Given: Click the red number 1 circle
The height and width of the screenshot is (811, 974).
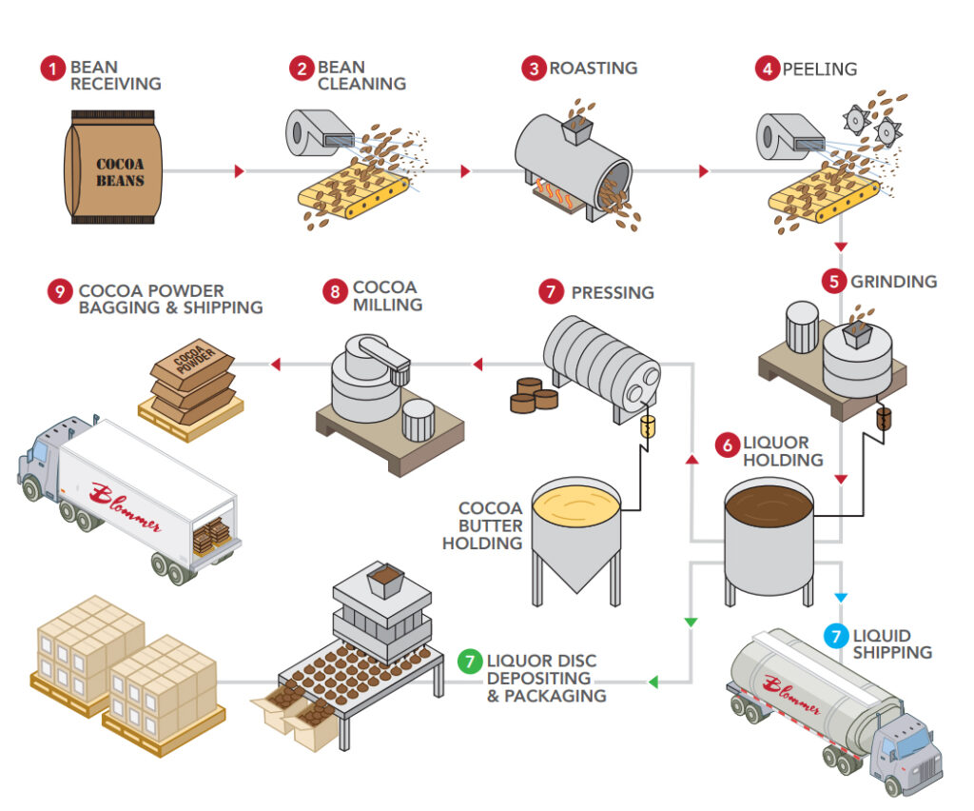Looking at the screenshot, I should (54, 68).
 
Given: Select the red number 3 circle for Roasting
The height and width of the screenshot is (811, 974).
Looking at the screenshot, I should (535, 68).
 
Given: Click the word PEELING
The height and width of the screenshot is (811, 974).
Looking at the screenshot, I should (819, 69).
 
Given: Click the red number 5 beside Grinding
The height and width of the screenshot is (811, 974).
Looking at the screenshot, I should (834, 282).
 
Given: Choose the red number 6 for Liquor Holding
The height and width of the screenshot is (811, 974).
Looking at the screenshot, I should (727, 444).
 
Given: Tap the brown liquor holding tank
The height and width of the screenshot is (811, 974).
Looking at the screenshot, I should (769, 538).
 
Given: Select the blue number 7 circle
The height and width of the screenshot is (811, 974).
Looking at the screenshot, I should (834, 636).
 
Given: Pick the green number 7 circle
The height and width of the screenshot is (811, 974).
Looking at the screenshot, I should (469, 660).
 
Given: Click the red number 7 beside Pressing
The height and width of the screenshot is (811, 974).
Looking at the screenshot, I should (551, 291).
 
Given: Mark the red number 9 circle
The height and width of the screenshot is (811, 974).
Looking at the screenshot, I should (60, 291).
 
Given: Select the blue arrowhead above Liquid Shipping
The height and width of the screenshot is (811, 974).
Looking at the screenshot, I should (840, 597).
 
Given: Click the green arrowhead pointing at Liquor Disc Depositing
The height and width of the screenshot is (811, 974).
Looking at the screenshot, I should (654, 682).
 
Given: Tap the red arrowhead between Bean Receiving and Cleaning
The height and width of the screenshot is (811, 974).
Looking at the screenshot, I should (240, 170).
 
